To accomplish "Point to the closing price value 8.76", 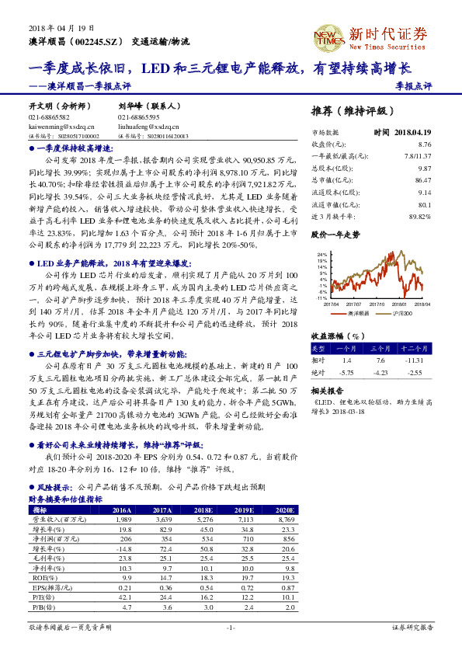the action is pyautogui.click(x=424, y=144).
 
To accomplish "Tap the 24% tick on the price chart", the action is pyautogui.click(x=322, y=254).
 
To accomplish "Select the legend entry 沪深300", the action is pyautogui.click(x=400, y=313).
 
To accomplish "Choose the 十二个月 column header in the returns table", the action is pyautogui.click(x=416, y=349).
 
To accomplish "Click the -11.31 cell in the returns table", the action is pyautogui.click(x=416, y=360).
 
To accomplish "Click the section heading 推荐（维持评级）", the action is pyautogui.click(x=351, y=110).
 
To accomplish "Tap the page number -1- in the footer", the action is pyautogui.click(x=231, y=626).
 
